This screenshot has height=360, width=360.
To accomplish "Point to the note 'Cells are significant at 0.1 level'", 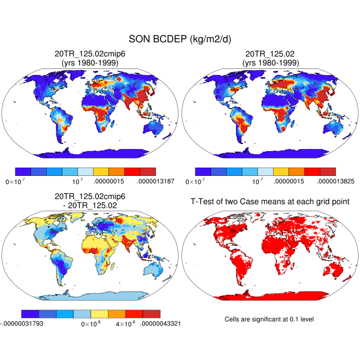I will point(269,319).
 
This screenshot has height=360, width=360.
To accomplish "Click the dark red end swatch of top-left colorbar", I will point(147,172).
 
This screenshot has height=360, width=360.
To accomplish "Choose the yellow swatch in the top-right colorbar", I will point(281,172).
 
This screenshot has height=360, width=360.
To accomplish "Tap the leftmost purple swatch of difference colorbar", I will point(30,314).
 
